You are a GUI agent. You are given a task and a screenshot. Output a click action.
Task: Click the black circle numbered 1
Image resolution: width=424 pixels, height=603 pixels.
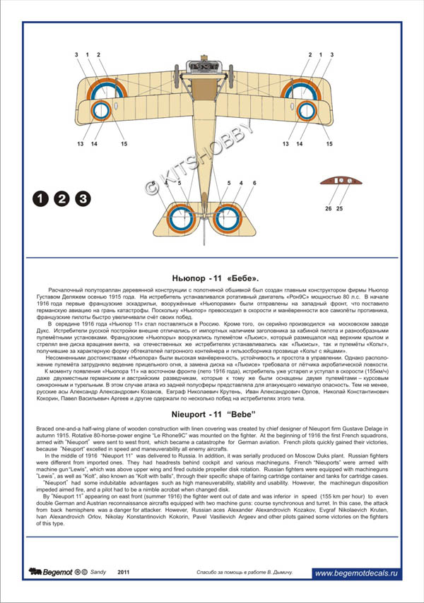point(40,199)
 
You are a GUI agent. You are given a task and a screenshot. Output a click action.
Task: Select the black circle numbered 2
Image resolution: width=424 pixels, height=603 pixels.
point(61,199)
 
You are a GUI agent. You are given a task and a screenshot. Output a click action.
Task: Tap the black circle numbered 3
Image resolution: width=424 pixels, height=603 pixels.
point(83,199)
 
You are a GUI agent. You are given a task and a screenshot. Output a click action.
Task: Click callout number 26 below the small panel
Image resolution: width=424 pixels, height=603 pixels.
point(329,209)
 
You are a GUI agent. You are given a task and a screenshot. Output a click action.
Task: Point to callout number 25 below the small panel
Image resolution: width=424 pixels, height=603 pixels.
point(339,209)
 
